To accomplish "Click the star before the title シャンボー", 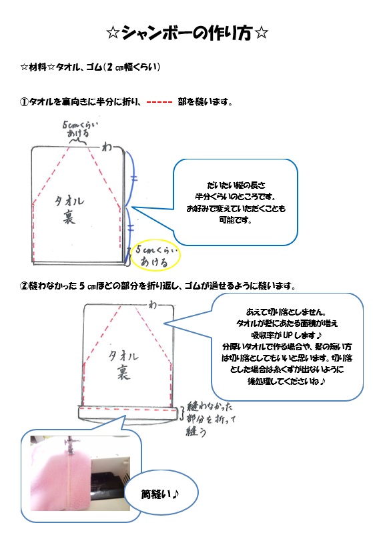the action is [113, 33].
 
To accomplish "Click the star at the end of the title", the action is [261, 33].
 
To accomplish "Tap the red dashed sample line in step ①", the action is [159, 101].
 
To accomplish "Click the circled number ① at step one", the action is [24, 101].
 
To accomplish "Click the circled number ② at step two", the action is [24, 286].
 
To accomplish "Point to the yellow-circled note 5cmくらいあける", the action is [155, 255].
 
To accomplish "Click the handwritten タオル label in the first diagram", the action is [69, 201].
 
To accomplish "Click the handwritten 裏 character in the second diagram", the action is [123, 372].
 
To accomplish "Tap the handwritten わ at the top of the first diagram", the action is [107, 147].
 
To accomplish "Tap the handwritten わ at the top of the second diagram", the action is [153, 305].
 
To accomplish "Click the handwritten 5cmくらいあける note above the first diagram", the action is [79, 129].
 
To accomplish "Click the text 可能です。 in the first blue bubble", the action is [235, 220].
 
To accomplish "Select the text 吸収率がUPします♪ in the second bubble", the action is [286, 335].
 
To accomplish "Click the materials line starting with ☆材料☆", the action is [90, 67].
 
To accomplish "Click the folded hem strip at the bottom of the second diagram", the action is [129, 412].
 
